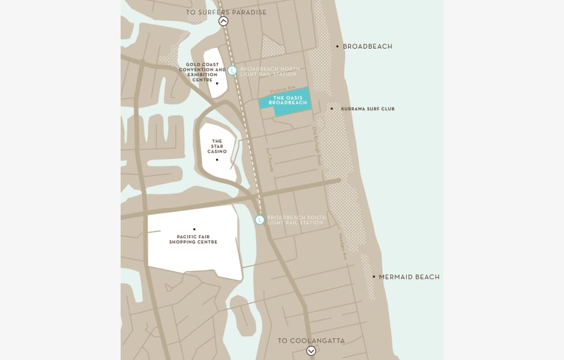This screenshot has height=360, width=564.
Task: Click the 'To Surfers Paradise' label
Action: coord(226,12)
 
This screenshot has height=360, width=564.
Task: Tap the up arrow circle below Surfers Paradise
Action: coord(223,22)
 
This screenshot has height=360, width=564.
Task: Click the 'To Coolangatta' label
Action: coord(311,341)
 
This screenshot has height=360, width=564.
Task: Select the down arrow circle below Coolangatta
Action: coord(311,351)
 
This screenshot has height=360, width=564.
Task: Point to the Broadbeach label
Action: coord(367,46)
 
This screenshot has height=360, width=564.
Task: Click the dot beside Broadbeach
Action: coord(337,46)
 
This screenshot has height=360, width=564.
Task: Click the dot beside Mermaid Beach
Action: coord(374,277)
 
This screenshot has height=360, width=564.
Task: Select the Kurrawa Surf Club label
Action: coord(368,109)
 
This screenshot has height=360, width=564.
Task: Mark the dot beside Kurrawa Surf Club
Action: coord(332,109)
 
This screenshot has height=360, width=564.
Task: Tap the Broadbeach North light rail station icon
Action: coord(232,71)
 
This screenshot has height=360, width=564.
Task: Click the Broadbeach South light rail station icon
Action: coord(260,220)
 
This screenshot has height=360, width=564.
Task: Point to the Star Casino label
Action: coord(217,146)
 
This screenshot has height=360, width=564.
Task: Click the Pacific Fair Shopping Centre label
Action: coord(193,239)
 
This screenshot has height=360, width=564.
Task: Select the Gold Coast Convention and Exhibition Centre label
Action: coord(202,72)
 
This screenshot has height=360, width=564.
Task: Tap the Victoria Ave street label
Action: coord(283,88)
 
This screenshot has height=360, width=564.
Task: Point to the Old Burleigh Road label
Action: coord(317,146)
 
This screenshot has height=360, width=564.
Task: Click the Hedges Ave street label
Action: coord(343,247)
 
